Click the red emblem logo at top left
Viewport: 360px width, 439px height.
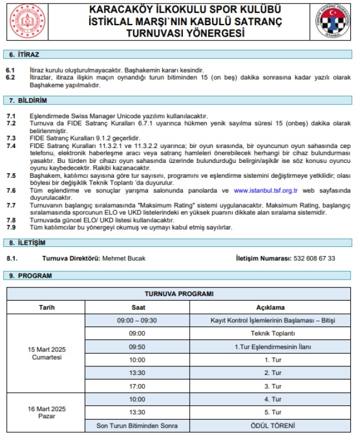27,22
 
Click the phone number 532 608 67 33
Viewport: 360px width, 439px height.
314,258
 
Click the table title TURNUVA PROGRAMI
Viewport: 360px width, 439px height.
179,294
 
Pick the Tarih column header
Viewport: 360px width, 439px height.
47,307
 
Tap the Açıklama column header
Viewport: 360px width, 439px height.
270,307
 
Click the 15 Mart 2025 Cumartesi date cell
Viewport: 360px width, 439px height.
47,353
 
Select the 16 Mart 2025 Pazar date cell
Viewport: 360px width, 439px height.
47,413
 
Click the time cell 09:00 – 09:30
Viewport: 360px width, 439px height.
137,320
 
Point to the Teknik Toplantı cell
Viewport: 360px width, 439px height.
270,333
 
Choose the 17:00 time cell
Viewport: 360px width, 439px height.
137,386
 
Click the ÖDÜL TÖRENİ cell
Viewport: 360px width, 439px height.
270,426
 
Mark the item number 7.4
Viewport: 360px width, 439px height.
11,146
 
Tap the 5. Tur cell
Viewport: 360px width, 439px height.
270,412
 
